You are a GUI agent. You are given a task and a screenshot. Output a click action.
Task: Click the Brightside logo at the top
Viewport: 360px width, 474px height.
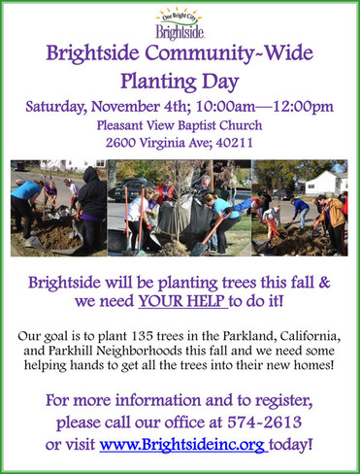click(180, 21)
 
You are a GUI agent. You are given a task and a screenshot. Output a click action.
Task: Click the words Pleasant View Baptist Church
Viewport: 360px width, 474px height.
click(180, 126)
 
